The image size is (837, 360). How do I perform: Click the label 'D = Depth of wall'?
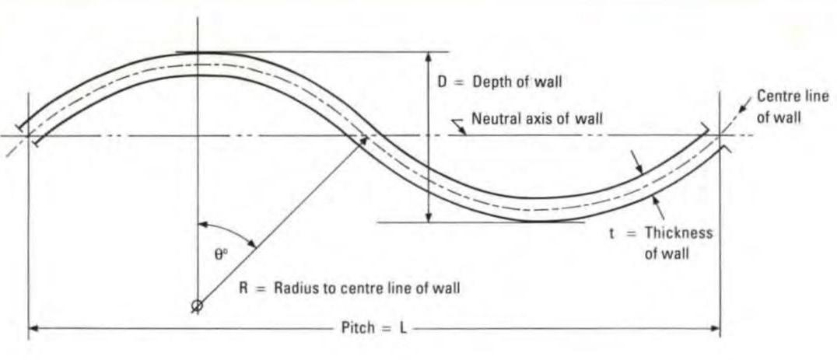499,81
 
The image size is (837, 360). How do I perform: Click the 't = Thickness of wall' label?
660,243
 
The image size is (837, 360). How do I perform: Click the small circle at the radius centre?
198,306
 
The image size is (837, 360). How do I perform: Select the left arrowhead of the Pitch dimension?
33,329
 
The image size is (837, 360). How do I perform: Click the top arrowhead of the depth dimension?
428,56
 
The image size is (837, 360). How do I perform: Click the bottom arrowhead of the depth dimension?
428,218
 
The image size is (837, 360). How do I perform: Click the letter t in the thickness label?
611,232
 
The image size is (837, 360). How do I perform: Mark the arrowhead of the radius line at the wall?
362,141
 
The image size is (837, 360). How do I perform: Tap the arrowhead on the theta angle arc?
253,244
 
